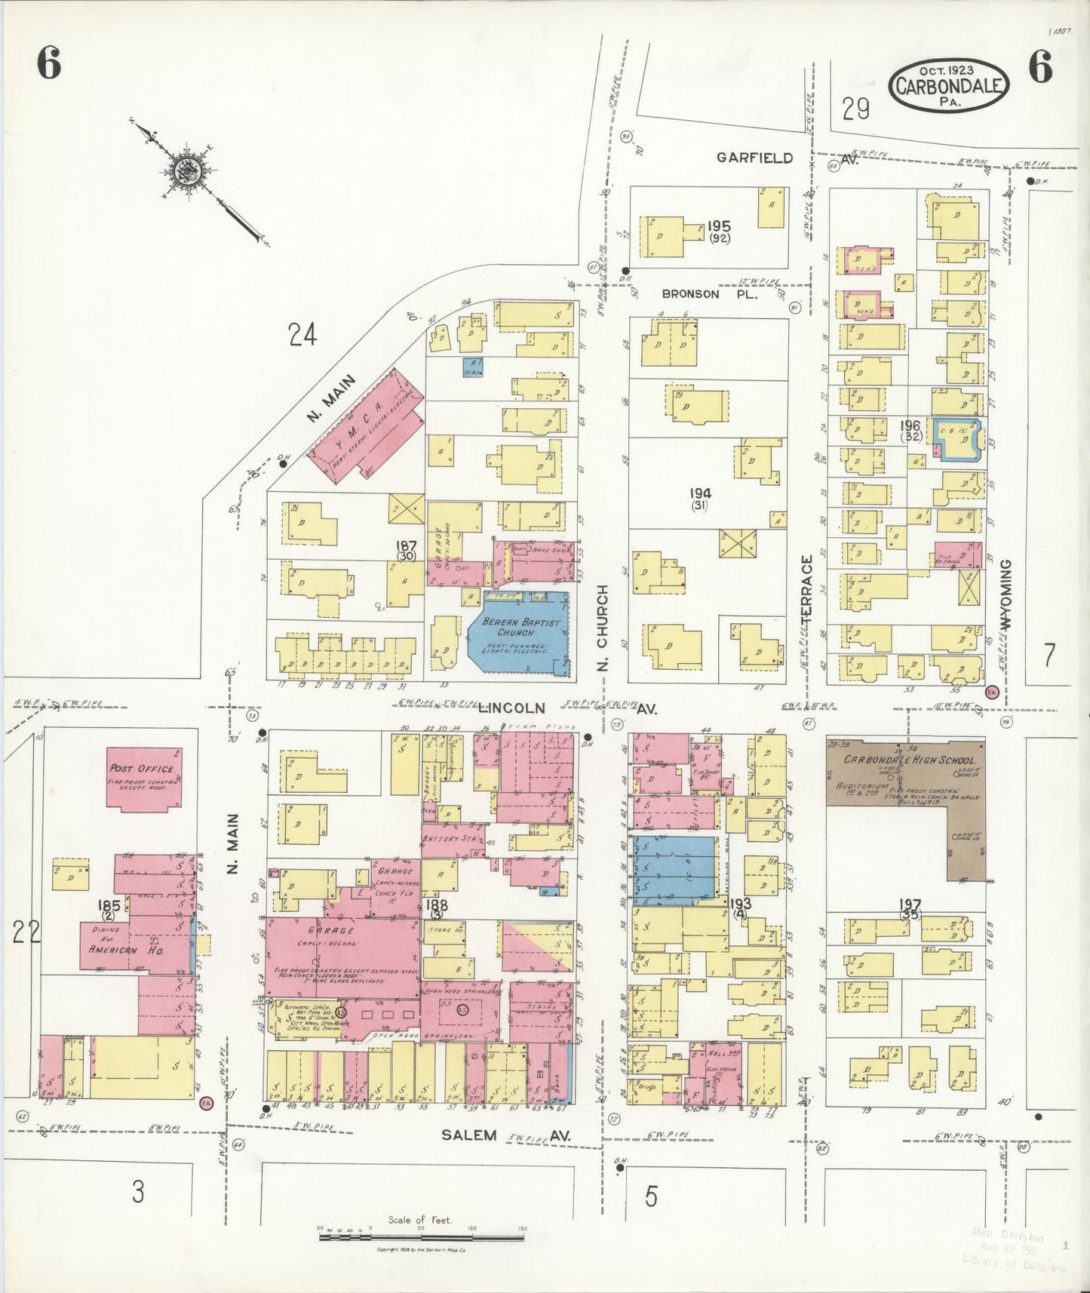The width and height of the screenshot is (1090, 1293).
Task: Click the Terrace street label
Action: [x=807, y=588]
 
